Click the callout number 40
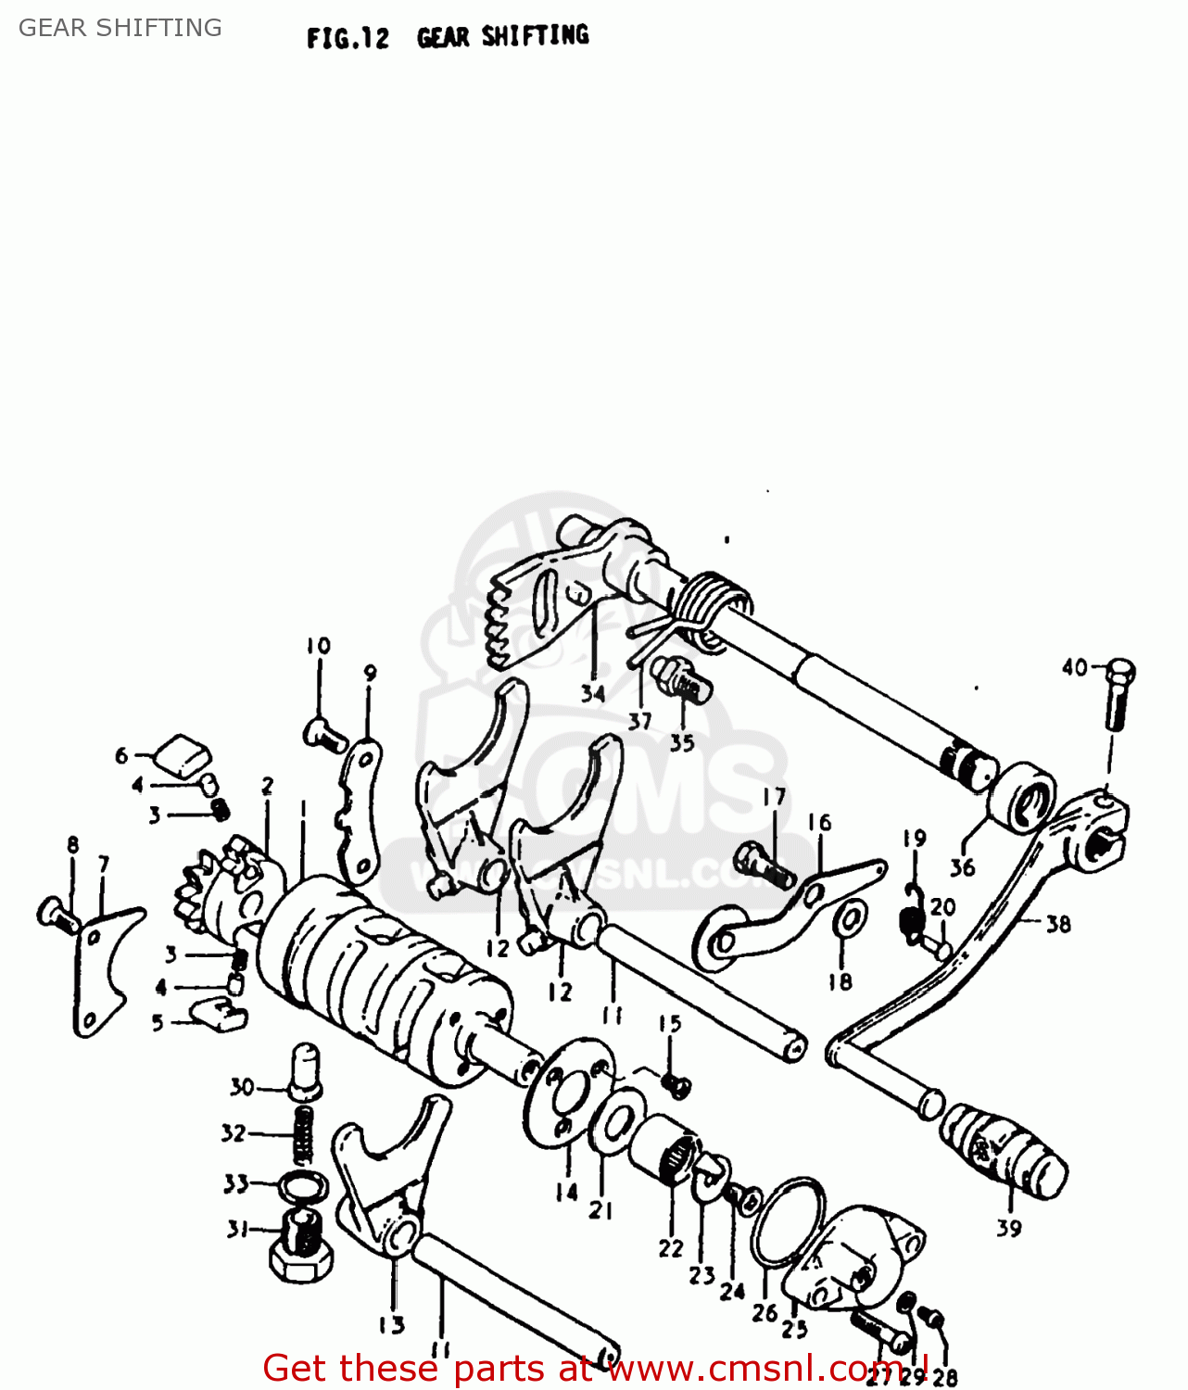[x=1074, y=667]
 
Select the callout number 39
[x=1009, y=1229]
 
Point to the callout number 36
[x=962, y=867]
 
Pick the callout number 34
[x=593, y=693]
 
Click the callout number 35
[x=682, y=742]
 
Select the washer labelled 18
[x=850, y=920]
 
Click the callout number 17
[x=775, y=797]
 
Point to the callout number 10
[x=318, y=646]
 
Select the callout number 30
[x=242, y=1087]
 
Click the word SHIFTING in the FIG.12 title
[x=535, y=36]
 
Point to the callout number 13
[x=392, y=1325]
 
